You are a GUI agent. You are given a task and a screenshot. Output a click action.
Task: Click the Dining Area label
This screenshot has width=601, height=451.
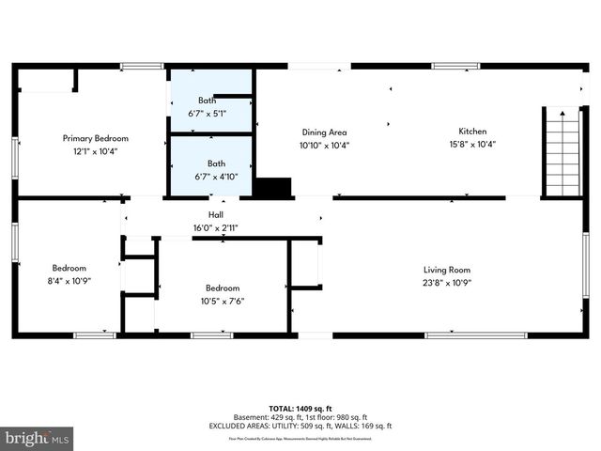(324, 132)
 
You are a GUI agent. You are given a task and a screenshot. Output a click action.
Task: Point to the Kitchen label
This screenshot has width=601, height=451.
(472, 132)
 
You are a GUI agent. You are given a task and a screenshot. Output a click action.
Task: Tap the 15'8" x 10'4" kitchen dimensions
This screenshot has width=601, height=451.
(472, 144)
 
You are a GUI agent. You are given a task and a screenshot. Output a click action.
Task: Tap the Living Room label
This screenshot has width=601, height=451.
(447, 270)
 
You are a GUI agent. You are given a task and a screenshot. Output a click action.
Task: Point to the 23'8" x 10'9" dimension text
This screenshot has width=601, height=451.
(447, 282)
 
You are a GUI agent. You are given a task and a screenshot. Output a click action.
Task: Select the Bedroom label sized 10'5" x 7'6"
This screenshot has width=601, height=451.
(223, 288)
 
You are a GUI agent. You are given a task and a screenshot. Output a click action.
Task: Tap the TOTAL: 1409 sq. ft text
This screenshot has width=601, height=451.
(300, 409)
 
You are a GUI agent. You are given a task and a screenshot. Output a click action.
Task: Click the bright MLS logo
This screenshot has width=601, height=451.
(38, 438)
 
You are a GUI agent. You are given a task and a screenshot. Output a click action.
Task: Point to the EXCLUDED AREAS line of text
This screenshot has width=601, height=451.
(300, 427)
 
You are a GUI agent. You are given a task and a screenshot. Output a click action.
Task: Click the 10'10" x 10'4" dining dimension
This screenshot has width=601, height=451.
(324, 145)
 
